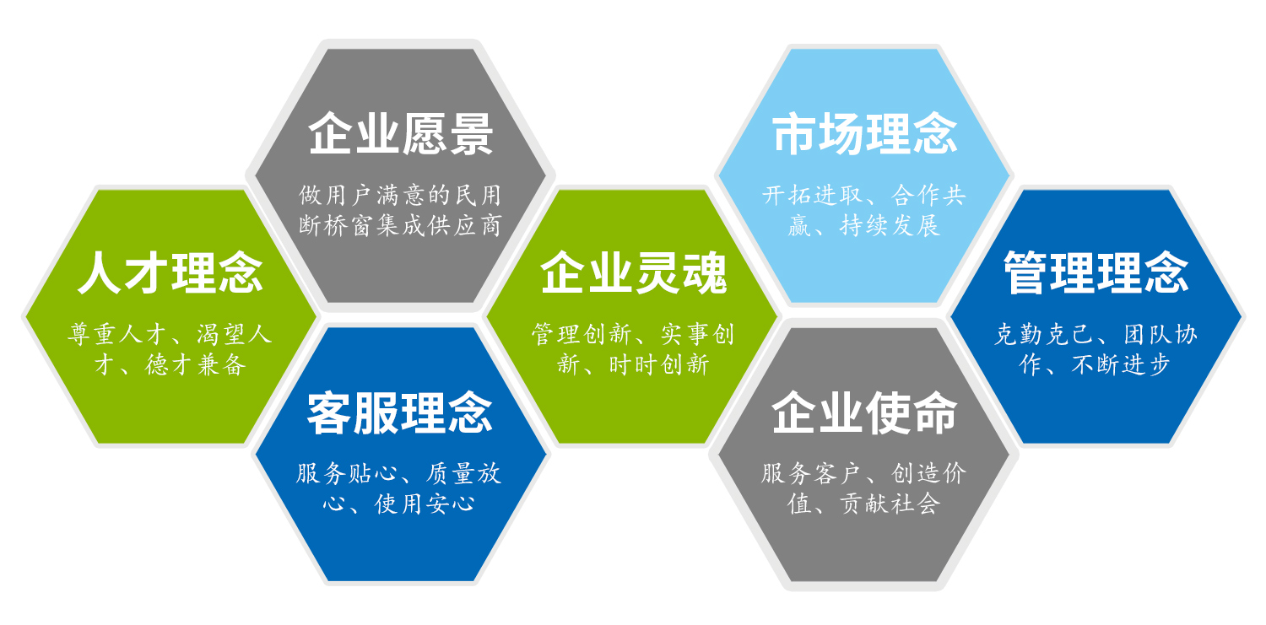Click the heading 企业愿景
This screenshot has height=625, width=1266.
pos(400,135)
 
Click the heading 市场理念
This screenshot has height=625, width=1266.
pos(865,133)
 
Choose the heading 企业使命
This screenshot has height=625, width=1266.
pos(865,412)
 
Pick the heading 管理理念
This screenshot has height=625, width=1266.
pos(1096,272)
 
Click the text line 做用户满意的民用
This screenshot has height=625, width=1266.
pos(400,196)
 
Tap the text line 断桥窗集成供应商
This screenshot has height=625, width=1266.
pos(400,226)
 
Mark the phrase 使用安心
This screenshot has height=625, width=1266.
pos(425,504)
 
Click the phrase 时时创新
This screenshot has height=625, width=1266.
pos(659,364)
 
